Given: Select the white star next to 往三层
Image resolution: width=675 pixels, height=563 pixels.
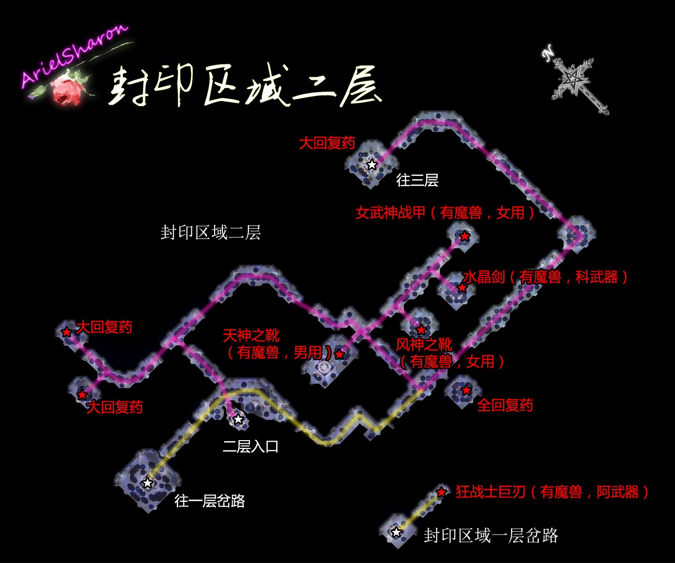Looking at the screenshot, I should [372, 165].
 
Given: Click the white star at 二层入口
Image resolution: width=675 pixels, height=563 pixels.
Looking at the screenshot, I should [238, 419].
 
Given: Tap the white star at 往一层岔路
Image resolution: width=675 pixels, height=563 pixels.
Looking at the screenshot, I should [148, 483].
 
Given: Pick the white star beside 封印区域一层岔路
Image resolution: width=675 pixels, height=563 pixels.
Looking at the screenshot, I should [397, 532].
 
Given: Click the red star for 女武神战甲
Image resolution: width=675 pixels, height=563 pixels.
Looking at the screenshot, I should [465, 236].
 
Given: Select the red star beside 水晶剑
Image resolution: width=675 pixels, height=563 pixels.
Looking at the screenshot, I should [462, 287].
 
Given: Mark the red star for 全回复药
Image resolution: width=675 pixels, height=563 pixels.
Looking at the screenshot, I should [466, 390].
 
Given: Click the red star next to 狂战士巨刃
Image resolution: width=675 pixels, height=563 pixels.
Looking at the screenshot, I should [441, 492].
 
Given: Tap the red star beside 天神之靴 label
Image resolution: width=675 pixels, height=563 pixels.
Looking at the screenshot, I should [339, 355].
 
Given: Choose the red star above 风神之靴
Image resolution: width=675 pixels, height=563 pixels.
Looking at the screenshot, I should [421, 330].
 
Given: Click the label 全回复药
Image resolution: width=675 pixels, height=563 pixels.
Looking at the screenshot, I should [504, 405].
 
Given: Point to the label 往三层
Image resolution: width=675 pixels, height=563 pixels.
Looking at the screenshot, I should [417, 180].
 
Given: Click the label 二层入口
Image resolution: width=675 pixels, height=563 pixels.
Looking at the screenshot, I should [250, 446].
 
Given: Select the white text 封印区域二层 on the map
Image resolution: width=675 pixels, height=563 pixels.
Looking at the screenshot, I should [210, 232].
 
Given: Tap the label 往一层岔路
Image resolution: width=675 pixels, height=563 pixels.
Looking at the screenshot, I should [209, 501].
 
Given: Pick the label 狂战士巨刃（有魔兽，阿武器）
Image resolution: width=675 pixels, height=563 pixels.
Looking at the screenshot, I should [552, 492].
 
